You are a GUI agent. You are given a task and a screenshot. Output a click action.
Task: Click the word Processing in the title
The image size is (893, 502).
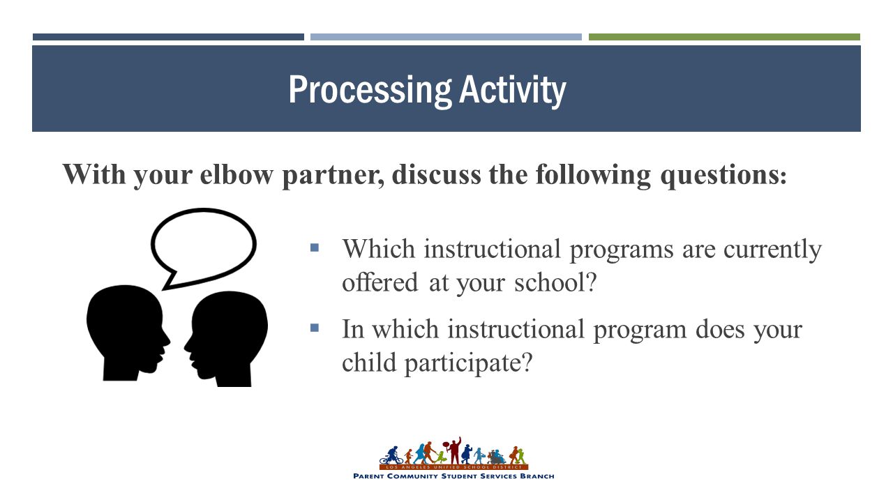[x=370, y=91]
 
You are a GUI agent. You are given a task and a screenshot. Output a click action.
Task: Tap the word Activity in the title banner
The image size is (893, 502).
[x=513, y=91]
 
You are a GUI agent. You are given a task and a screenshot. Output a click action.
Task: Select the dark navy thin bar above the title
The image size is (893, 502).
[x=168, y=37]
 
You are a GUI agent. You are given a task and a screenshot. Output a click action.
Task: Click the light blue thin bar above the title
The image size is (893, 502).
[x=446, y=37]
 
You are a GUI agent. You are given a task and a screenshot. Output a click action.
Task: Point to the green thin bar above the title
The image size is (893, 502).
[x=724, y=37]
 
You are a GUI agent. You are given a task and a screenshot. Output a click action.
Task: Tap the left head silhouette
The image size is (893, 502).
[x=128, y=333]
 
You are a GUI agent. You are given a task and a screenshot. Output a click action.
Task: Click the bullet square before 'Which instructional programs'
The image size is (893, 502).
[x=315, y=248]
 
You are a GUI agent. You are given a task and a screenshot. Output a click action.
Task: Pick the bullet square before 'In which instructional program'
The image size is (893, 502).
[x=315, y=328]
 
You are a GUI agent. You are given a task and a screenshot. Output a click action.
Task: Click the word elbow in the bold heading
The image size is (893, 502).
[x=237, y=174]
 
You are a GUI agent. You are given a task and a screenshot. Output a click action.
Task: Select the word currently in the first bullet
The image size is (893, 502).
[x=772, y=250]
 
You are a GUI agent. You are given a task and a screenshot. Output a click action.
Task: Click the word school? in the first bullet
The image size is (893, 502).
[x=555, y=282]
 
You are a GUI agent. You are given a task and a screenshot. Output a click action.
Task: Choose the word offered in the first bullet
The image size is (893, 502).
[x=380, y=282]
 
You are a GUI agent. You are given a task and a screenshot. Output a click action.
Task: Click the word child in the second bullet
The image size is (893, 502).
[x=369, y=362]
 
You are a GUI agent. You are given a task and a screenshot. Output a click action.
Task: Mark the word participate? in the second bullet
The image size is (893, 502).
[x=469, y=363]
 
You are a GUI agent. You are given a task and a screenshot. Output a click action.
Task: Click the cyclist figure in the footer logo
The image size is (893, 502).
[x=391, y=455]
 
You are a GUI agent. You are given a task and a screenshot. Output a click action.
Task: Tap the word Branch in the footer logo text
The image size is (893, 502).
[x=537, y=476]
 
